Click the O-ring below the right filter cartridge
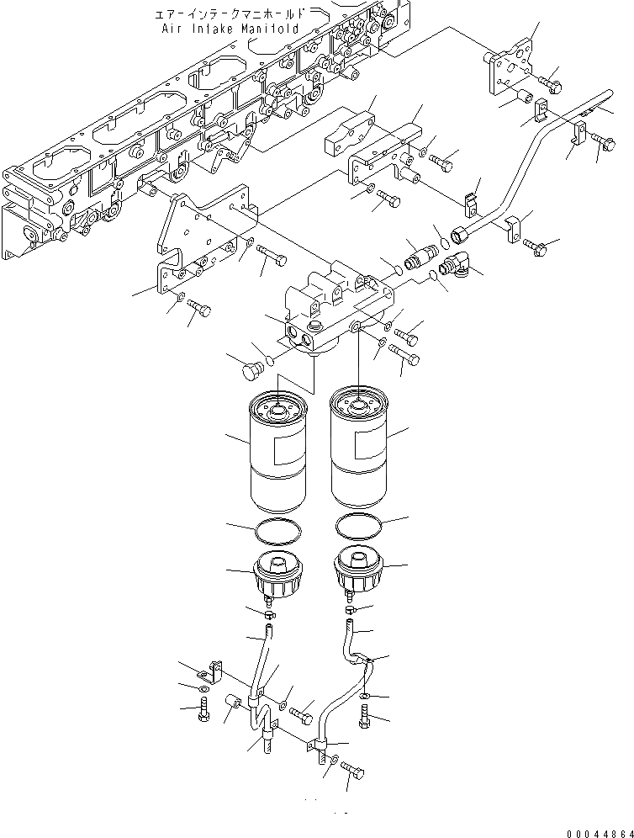(360, 527)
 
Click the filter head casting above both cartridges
(336, 307)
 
